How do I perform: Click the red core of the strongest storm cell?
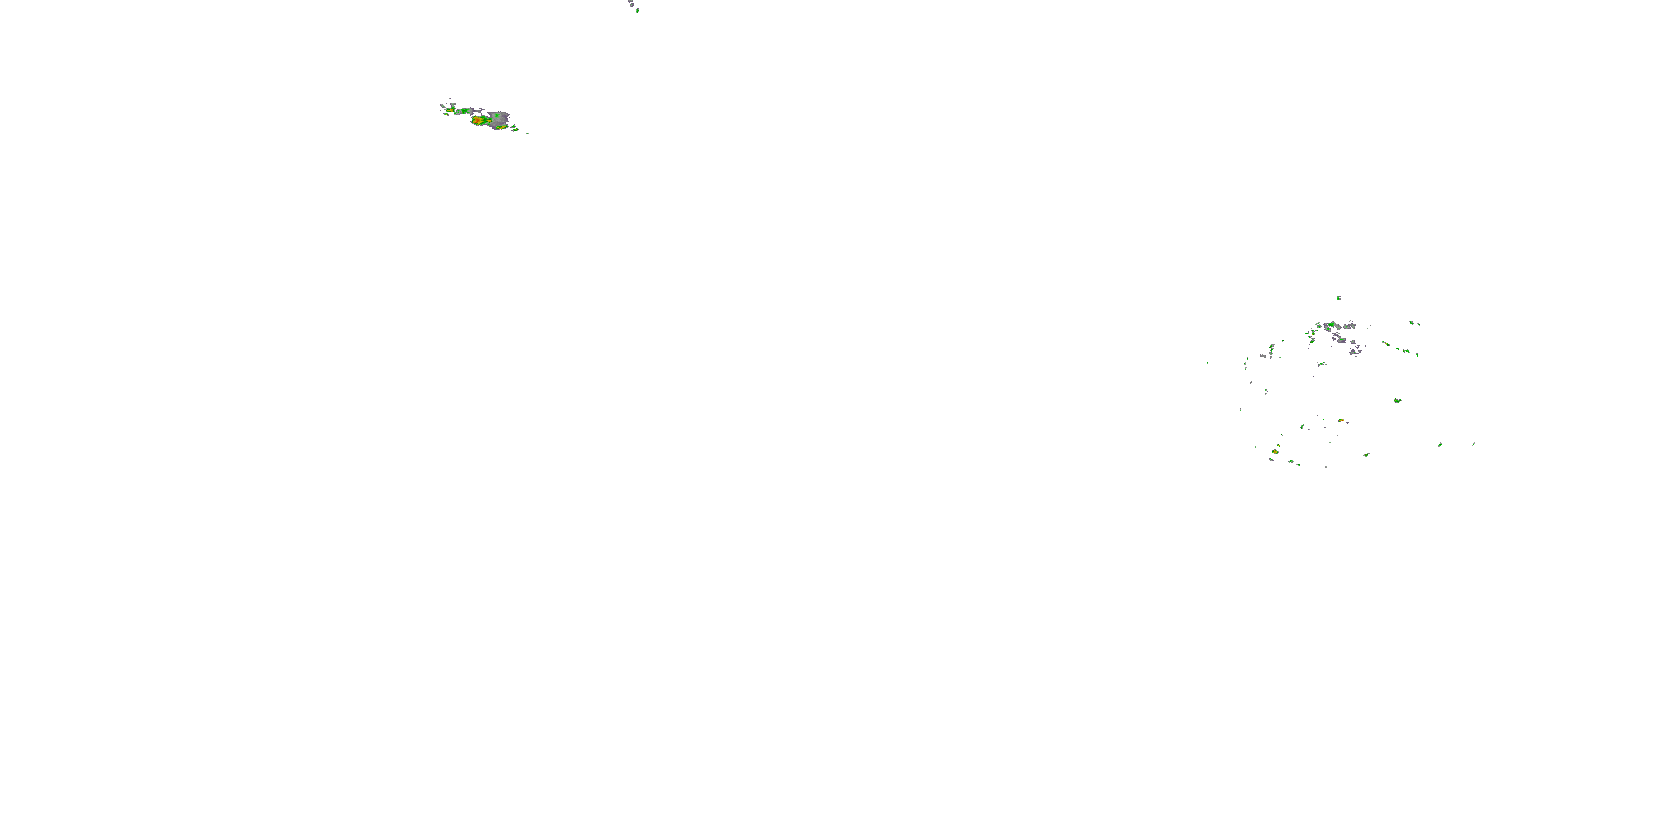tap(477, 120)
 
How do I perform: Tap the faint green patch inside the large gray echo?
tap(497, 116)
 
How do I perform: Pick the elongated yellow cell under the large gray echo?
tap(501, 127)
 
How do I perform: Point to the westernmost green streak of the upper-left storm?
tap(442, 107)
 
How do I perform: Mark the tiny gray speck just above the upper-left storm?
tap(449, 98)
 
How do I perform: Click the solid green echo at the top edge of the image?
tap(637, 11)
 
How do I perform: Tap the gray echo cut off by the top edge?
tap(630, 3)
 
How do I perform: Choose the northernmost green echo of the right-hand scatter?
tap(1338, 297)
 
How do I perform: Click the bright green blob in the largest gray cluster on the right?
tap(1332, 324)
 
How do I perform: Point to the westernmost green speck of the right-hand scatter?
tap(1208, 363)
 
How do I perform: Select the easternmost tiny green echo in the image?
tap(1473, 445)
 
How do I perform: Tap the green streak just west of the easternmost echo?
tap(1439, 445)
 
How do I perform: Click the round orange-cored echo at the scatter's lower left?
tap(1275, 451)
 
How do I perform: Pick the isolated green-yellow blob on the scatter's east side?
tap(1397, 400)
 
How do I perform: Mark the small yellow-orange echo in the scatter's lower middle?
tap(1341, 420)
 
